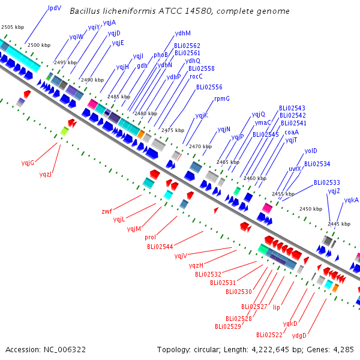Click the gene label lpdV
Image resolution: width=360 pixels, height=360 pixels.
point(55,8)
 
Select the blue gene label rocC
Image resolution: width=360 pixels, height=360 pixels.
point(196,76)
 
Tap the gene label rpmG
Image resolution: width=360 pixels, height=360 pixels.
point(222,99)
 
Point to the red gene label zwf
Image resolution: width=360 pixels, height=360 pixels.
point(107,211)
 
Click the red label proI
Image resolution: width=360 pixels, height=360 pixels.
point(150,238)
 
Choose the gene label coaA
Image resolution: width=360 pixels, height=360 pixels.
point(292,132)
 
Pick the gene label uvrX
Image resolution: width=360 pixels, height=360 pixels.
point(295,169)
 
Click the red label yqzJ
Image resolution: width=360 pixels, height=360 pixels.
point(46,175)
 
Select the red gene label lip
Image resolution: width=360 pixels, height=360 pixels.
point(277,307)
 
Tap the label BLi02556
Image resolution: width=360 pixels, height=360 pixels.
point(209,87)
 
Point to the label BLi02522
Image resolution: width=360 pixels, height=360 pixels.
point(269,335)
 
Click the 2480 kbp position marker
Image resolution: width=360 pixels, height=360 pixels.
point(146,113)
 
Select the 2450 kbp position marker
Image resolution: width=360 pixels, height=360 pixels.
point(311,209)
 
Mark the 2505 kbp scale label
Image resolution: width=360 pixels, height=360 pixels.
point(13,27)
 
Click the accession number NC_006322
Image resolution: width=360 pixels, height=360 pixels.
point(65,350)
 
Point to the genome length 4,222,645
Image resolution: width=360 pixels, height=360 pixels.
point(270,350)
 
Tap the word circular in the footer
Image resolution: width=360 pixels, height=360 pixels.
point(208,350)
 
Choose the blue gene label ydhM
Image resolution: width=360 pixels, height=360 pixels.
point(183,33)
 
